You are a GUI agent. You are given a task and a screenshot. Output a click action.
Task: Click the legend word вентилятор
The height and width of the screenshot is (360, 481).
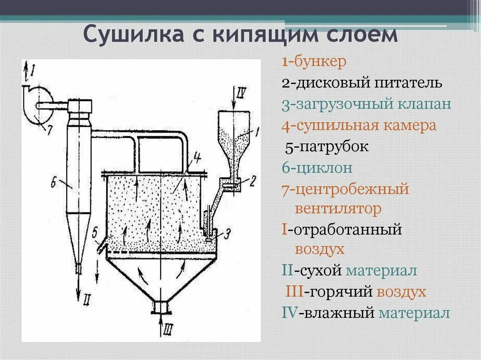coord(338,208)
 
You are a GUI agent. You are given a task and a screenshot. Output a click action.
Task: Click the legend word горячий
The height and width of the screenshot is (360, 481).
coord(338,292)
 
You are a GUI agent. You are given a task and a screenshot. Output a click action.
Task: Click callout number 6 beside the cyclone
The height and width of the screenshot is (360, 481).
coord(53,183)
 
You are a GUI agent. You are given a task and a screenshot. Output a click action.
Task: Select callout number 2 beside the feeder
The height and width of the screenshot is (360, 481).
coord(252,181)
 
